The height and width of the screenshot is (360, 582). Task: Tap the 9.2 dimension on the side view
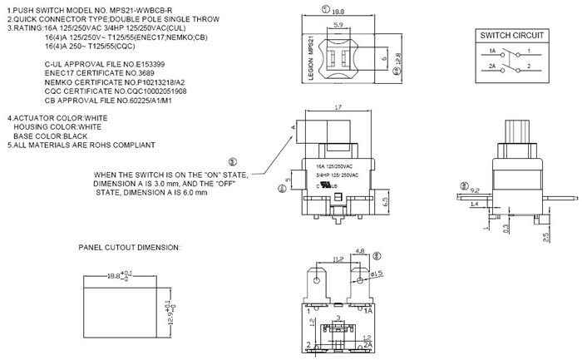pyautogui.click(x=476, y=190)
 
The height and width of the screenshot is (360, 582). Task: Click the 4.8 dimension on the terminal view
pyautogui.click(x=360, y=251)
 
